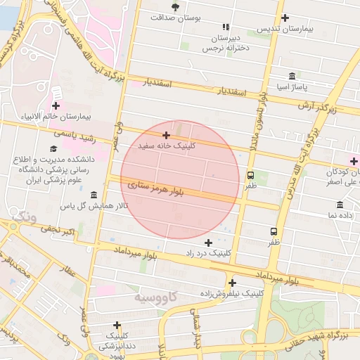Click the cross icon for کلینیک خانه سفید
[x=166, y=134]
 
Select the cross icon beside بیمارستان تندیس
[x=285, y=18]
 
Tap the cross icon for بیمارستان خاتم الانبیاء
[x=56, y=105]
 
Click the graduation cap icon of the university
[x=53, y=148]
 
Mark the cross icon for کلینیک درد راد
[x=208, y=242]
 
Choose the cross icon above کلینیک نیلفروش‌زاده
[x=231, y=283]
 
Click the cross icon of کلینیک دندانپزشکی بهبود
[x=117, y=325]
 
